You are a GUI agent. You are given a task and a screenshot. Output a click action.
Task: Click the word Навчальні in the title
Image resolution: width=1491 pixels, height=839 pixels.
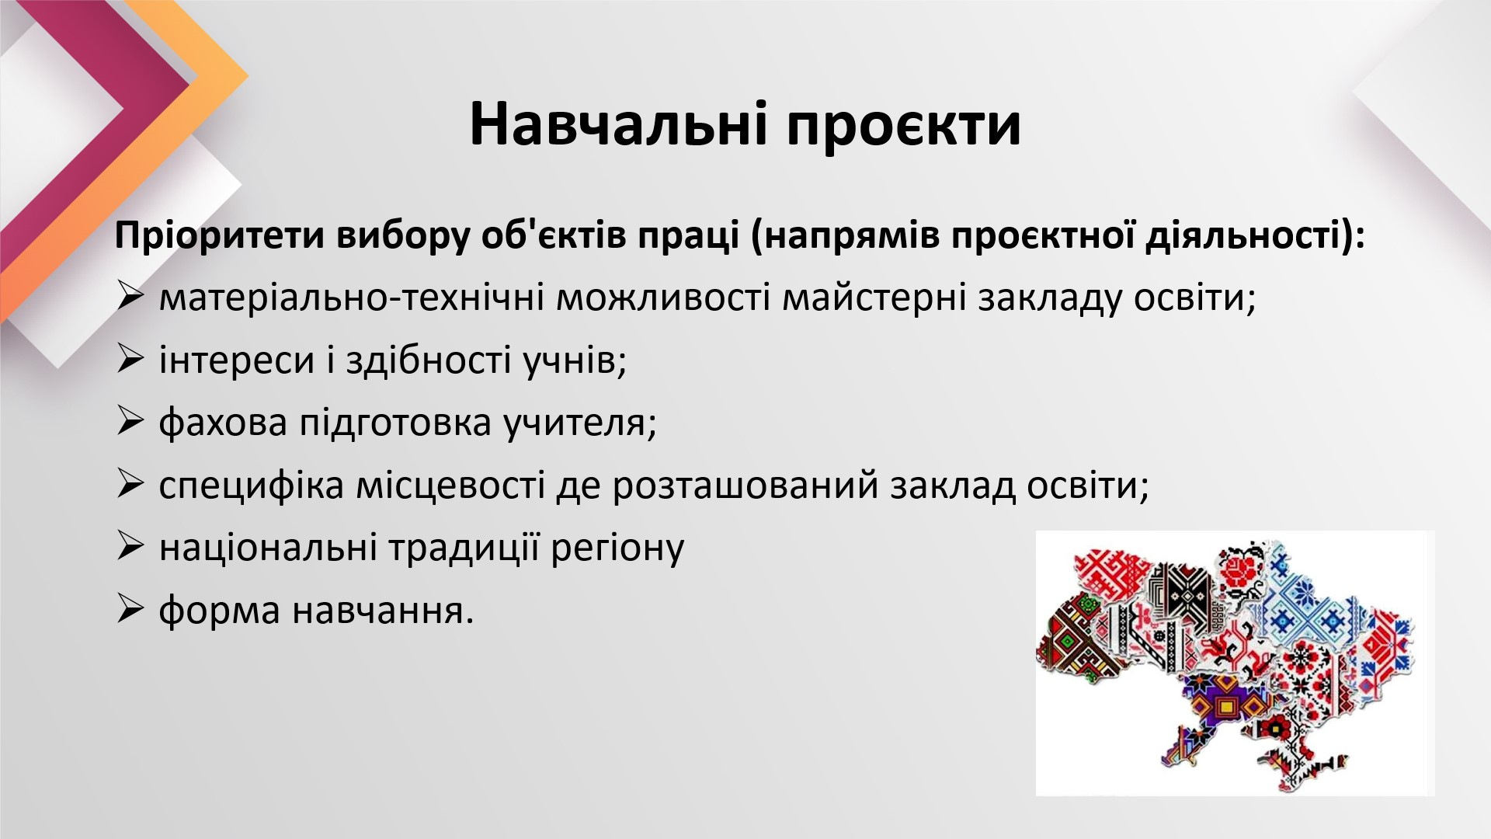pos(618,124)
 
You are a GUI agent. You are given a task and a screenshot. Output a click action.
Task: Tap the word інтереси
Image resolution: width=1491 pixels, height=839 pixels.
pos(237,360)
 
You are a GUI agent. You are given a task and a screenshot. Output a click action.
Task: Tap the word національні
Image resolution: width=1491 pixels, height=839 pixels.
pos(268,548)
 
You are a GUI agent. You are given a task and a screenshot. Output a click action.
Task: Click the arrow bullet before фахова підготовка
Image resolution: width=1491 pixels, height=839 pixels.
pos(130,421)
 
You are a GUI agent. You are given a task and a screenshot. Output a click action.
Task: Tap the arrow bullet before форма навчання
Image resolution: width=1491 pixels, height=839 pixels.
pos(130,609)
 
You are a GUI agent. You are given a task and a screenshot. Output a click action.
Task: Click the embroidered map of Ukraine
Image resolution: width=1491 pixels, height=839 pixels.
pos(1227,664)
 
